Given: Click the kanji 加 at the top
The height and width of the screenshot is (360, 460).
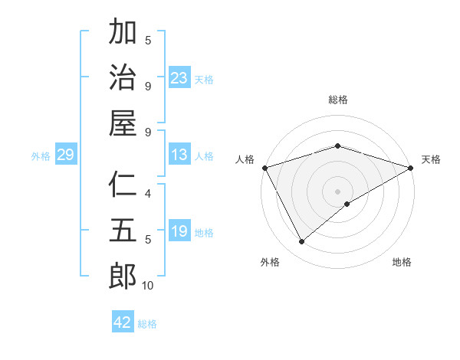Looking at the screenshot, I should pos(123,32).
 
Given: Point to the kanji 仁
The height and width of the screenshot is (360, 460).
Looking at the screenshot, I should pos(123,184).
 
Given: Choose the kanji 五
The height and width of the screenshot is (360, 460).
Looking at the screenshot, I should pos(123,230).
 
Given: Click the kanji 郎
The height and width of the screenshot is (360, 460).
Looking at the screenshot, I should pos(123,276).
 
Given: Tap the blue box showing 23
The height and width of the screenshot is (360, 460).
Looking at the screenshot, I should pos(179,77).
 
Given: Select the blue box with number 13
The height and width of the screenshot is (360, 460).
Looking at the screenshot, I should pos(179,155).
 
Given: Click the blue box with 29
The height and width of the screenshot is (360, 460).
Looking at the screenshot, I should pos(65,155).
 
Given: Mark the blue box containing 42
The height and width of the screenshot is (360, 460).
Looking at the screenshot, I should pos(123,322).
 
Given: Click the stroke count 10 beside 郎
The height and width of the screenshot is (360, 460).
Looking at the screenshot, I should pos(147,286).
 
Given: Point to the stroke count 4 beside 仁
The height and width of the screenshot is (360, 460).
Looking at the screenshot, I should pos(148,194).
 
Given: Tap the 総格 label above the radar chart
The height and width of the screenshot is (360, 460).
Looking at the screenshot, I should pos(337,100).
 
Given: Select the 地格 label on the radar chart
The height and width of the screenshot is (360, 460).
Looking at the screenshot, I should pos(402,262).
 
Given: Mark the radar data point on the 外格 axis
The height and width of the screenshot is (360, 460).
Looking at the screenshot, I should pos(302,242).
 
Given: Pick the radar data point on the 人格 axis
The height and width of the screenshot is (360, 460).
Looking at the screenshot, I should pos(264,168).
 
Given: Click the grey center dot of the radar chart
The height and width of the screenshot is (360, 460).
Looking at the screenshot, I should pos(337,191).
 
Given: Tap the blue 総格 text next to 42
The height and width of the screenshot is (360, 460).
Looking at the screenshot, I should pos(147,323).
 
